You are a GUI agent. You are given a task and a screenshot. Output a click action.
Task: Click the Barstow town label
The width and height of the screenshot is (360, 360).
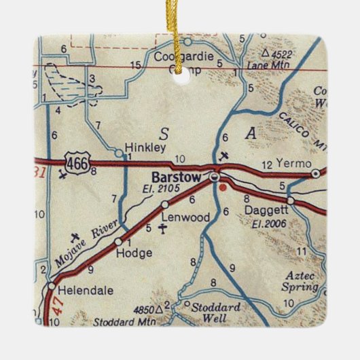(x=176, y=177)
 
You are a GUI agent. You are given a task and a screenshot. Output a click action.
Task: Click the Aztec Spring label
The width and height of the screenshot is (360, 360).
(x=300, y=281)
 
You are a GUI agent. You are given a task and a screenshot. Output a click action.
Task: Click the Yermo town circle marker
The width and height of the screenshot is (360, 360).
(x=316, y=174)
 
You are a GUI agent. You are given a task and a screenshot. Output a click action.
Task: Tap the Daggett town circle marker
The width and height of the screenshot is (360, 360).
(x=291, y=200)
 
